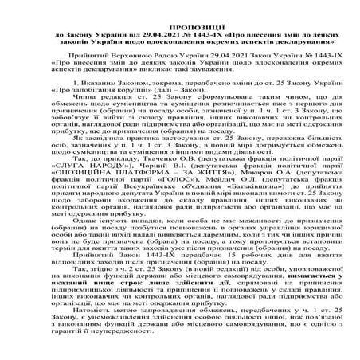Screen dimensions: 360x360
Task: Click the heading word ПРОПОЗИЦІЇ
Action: pyautogui.click(x=179, y=6)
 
